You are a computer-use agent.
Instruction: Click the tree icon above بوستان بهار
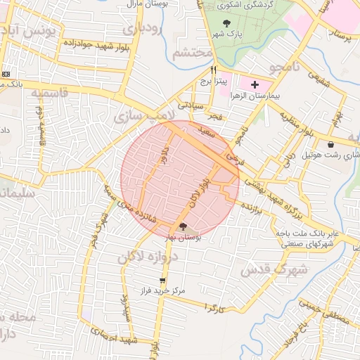(x=184, y=226)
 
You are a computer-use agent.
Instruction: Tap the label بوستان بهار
(x=184, y=238)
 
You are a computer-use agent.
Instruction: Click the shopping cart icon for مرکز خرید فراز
(x=163, y=280)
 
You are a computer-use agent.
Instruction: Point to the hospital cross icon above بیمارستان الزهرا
(x=255, y=84)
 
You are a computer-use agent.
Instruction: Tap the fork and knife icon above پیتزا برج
(x=213, y=70)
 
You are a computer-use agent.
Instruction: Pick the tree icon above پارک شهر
(x=226, y=24)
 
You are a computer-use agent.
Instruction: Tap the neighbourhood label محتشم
(x=192, y=52)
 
